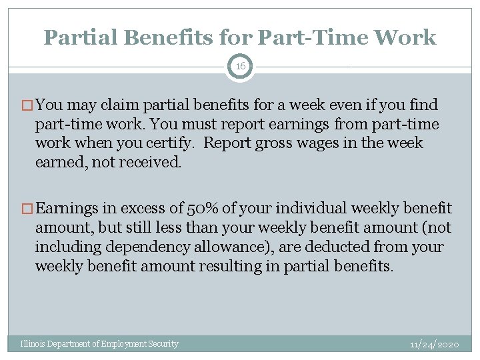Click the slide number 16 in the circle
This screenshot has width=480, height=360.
[239, 67]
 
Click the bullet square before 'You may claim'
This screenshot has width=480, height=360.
[27, 105]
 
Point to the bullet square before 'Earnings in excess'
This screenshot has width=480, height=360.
[27, 209]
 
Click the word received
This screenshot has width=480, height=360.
[153, 163]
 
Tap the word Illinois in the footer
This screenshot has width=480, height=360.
[33, 344]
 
